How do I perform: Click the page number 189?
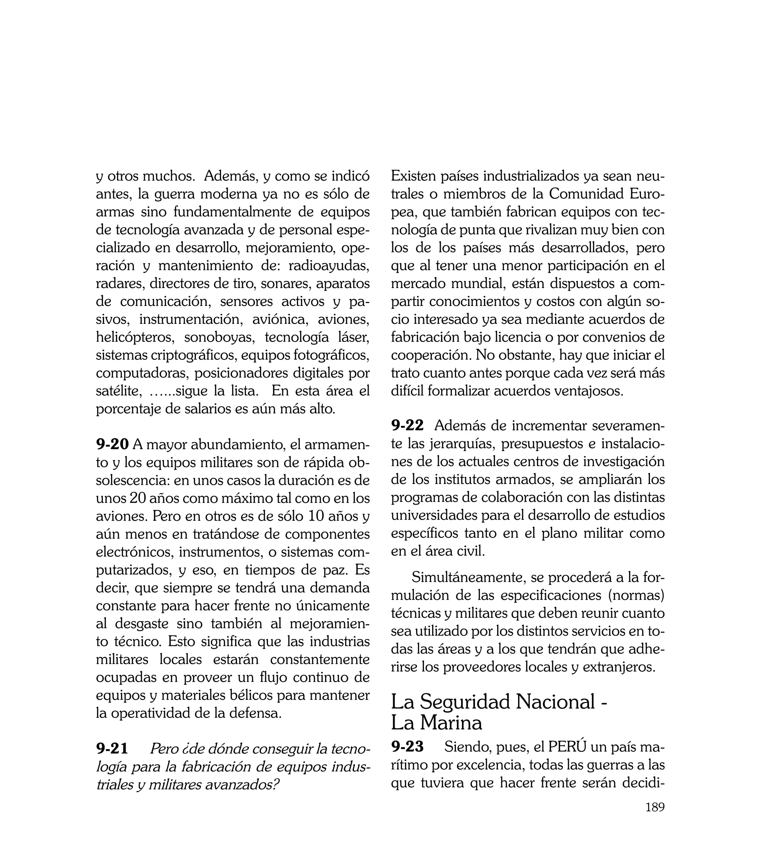coord(655,819)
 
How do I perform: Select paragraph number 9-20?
coord(112,445)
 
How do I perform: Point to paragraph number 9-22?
coord(407,425)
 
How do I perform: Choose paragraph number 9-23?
coord(407,746)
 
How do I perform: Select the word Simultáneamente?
coord(469,578)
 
